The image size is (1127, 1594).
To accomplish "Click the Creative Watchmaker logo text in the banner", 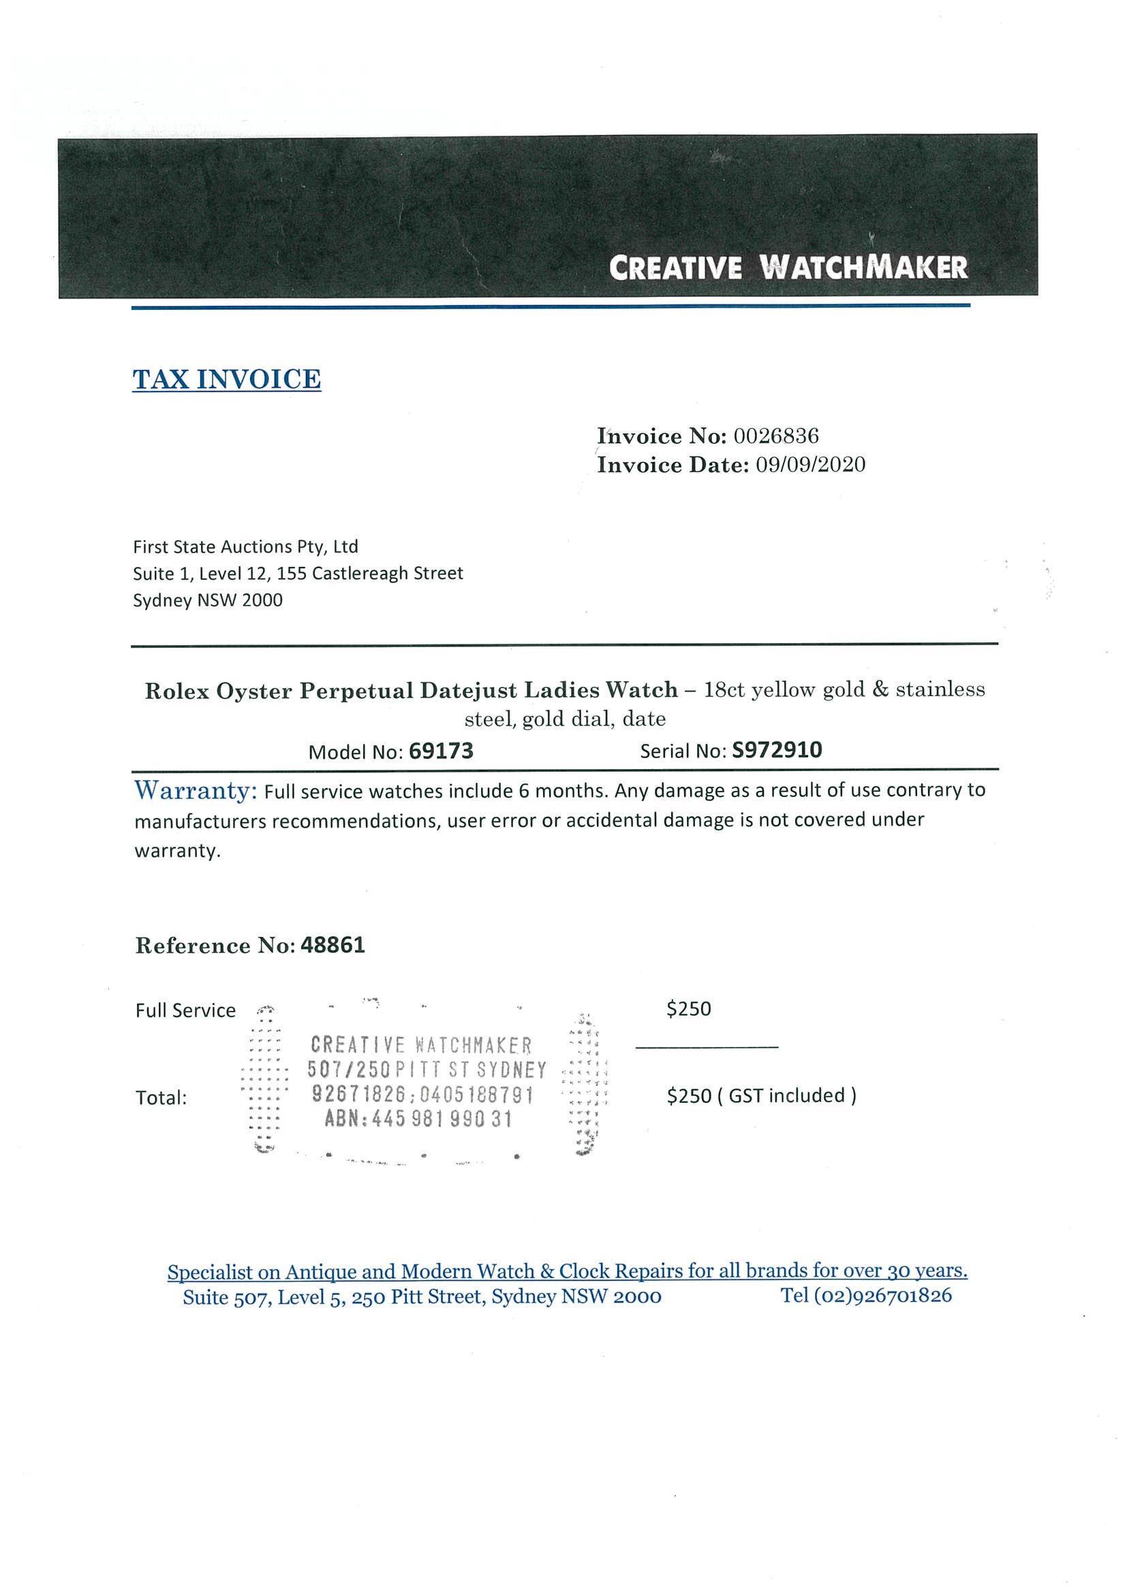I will (x=788, y=267).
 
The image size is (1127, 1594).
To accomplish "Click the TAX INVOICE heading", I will (x=226, y=379).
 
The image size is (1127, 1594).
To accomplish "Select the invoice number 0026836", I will (x=775, y=436).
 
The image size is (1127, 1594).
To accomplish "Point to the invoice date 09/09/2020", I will (x=810, y=465).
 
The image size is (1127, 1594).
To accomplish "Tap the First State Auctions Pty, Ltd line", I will (x=245, y=547).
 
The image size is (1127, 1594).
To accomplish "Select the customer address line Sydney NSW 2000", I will (x=208, y=601).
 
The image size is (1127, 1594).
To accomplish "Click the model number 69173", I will (x=441, y=751).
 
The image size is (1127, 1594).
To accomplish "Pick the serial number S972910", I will (x=777, y=750).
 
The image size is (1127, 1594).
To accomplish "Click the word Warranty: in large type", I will (x=196, y=790).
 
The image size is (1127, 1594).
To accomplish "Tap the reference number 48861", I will (x=333, y=946).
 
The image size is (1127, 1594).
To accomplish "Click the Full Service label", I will (x=185, y=1010).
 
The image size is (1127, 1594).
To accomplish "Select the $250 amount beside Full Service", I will (x=688, y=1009).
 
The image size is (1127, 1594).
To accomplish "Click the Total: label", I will (x=161, y=1097).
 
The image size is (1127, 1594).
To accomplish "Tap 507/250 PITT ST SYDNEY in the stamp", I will (x=427, y=1070).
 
